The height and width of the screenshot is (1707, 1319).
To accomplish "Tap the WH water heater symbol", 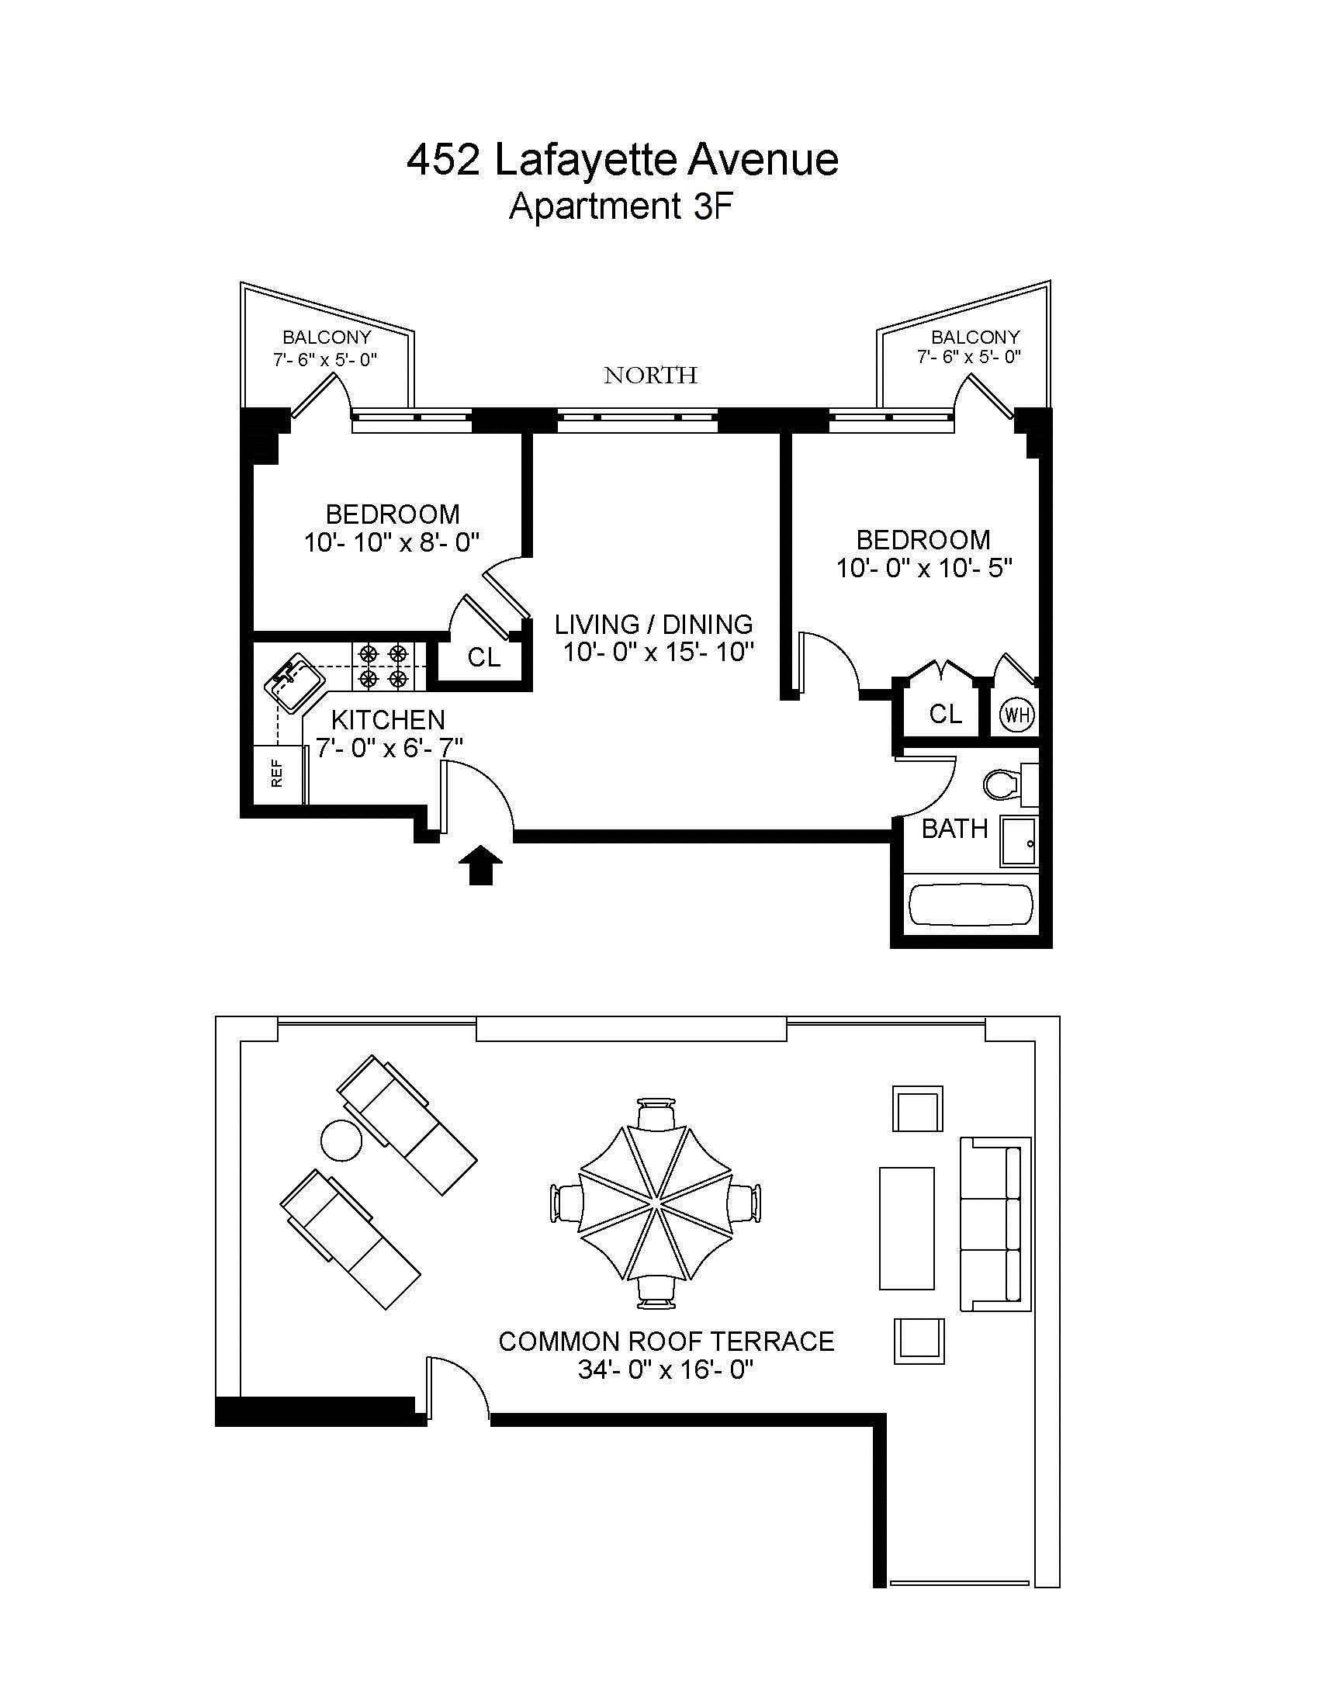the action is [x=1017, y=715].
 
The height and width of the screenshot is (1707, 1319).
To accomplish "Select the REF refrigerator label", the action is [x=277, y=774].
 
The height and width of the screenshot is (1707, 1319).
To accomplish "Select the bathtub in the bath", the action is [x=971, y=905].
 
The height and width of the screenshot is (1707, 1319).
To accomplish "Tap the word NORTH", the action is [x=650, y=376].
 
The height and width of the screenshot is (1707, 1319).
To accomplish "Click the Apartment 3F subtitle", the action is [x=621, y=207].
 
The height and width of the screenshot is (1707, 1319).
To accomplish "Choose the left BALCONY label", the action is [x=327, y=338].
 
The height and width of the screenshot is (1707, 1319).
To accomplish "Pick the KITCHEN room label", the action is [x=389, y=720].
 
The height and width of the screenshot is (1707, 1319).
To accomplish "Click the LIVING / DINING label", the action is [x=654, y=625].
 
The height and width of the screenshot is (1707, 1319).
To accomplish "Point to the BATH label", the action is [x=954, y=829].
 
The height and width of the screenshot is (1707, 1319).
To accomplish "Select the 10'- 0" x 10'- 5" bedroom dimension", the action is [x=924, y=568].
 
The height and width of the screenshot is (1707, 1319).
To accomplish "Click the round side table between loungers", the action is [x=341, y=1141].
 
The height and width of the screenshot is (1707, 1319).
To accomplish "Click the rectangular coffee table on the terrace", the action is [x=906, y=1228].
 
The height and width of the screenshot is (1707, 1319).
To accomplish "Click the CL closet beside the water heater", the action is [x=945, y=714].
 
